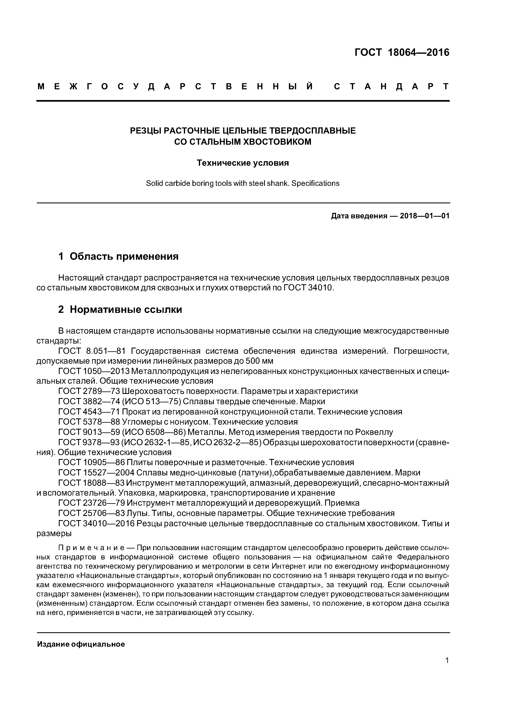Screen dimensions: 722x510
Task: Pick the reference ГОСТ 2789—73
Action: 89,391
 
